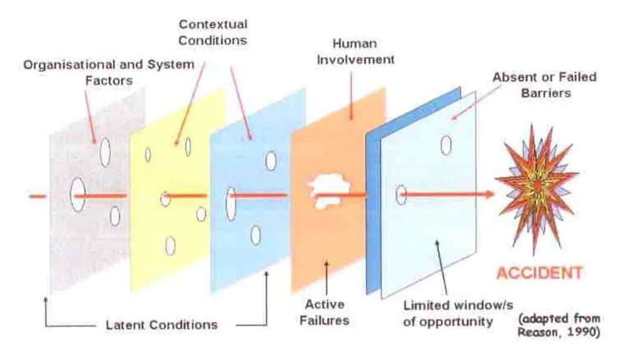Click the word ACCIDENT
pos(539,272)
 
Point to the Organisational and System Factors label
pos(109,71)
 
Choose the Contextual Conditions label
pos(213,33)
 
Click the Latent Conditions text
pos(161,325)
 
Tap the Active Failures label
pos(325,312)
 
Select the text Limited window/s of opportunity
pos(448,313)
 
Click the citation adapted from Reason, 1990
pos(558,326)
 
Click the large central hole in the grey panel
pos(77,195)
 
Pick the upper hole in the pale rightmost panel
pos(446,146)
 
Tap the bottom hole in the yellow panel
pos(170,245)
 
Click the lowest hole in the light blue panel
pos(256,235)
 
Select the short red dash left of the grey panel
pos(37,196)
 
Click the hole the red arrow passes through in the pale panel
pos(401,194)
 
